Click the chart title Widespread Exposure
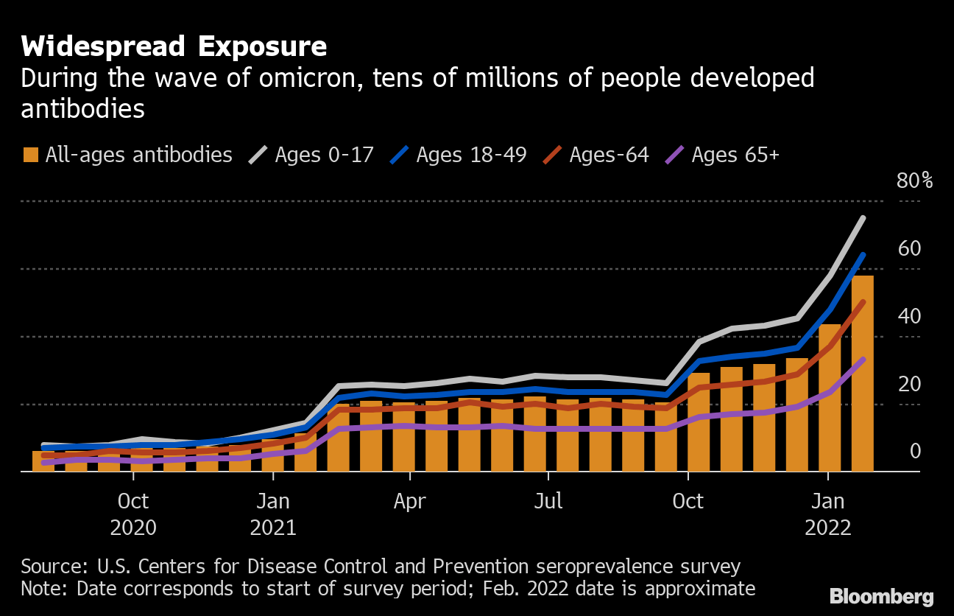point(174,46)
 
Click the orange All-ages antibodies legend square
point(31,155)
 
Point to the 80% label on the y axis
point(914,181)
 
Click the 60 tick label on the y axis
point(909,248)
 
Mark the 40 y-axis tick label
point(909,316)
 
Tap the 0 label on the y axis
point(915,451)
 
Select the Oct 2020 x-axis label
point(133,514)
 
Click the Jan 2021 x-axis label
point(272,514)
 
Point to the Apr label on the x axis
point(409,501)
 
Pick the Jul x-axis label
point(548,501)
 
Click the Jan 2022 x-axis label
point(828,514)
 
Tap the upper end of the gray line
point(862,218)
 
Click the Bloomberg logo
point(881,596)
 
